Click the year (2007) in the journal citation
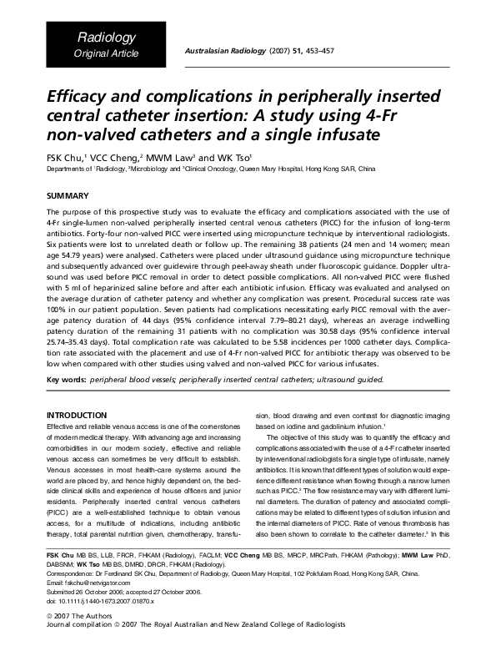point(280,51)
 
